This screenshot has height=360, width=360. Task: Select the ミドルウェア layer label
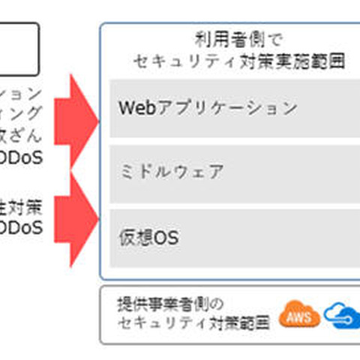click(x=170, y=172)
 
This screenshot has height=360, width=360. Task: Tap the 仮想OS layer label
click(x=148, y=237)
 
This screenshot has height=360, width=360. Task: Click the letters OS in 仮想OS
click(x=167, y=237)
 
